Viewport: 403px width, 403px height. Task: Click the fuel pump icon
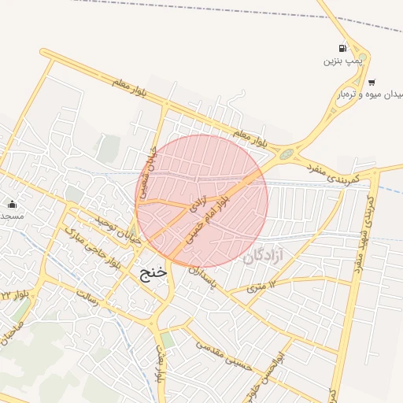342,48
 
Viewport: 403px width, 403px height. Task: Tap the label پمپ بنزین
342,61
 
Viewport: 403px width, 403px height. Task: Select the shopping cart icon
372,82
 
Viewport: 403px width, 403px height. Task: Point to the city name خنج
153,273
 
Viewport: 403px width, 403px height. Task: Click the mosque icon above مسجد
13,204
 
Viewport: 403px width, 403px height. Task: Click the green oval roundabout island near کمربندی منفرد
286,154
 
